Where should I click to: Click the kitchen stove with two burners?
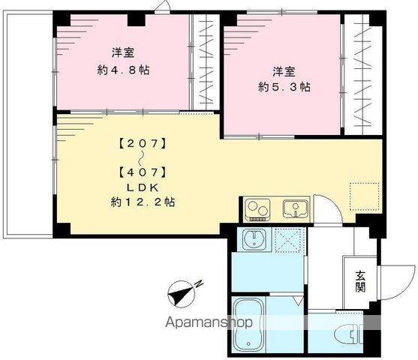[258, 207]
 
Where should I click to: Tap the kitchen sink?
[293, 207]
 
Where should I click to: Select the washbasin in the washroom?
[254, 241]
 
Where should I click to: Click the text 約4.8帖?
[122, 70]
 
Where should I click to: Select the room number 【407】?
[140, 172]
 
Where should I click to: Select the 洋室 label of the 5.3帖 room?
[282, 70]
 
